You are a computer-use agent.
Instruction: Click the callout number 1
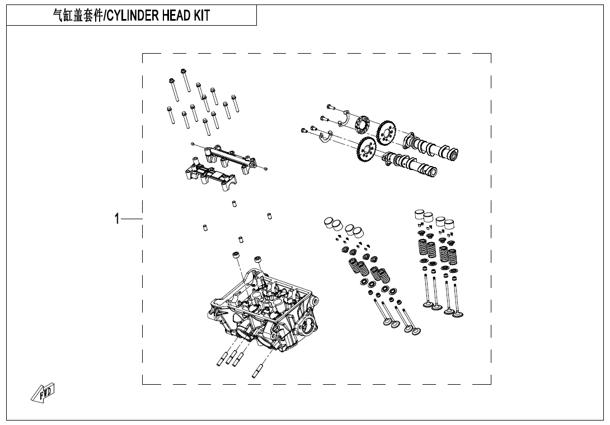(117, 219)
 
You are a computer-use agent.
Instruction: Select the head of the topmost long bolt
(183, 71)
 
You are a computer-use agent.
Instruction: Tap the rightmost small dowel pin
(269, 215)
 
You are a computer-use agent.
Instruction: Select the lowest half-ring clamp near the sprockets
(325, 138)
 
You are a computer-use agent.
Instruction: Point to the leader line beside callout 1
(132, 219)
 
